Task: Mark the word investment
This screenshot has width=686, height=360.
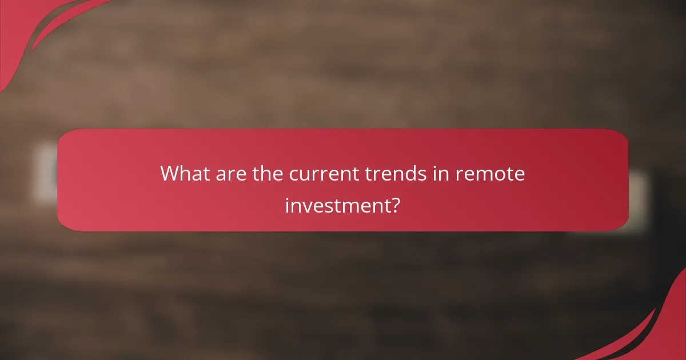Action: (x=336, y=204)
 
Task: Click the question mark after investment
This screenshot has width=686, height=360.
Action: (x=394, y=204)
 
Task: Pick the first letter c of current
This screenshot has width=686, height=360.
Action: (x=294, y=175)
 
